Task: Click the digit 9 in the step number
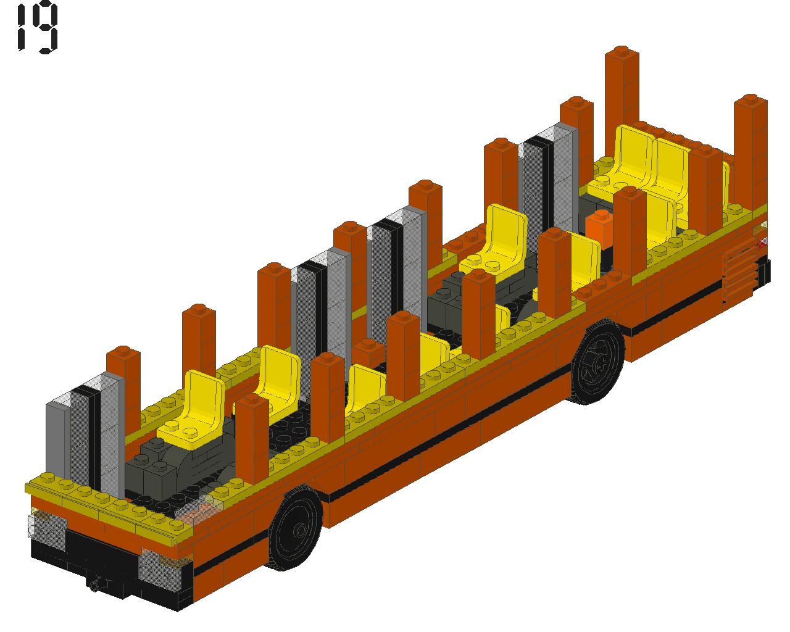click(x=44, y=27)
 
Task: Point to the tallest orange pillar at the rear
click(x=622, y=107)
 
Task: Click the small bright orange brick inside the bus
click(x=599, y=228)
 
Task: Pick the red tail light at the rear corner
click(x=762, y=242)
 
